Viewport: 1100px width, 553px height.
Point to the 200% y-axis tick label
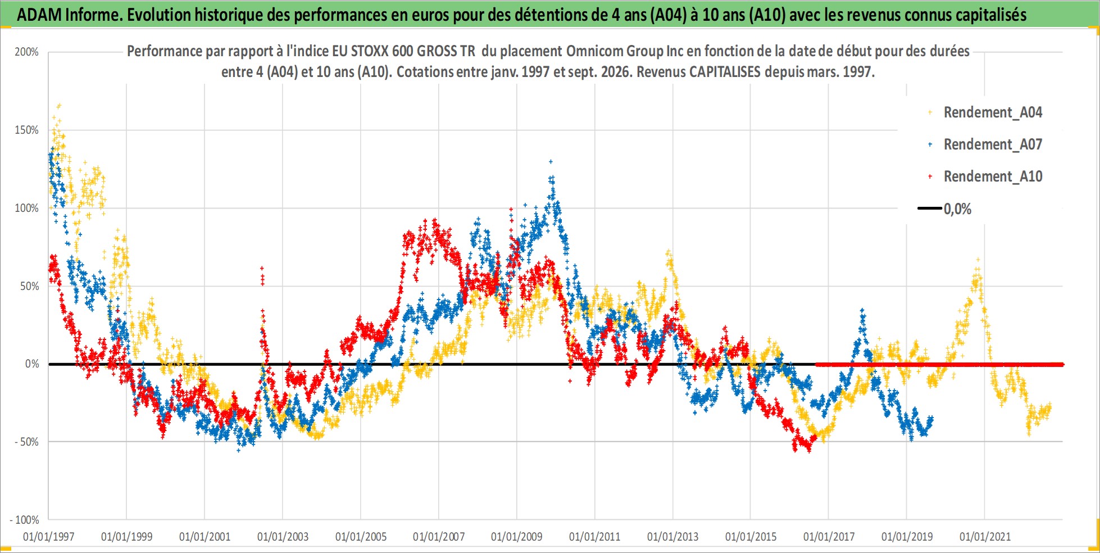(26, 52)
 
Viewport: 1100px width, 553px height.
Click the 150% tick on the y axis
(26, 130)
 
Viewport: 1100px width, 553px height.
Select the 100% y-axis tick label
(26, 208)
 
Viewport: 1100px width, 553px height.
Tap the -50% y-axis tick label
(26, 442)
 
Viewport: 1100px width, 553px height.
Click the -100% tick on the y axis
(25, 520)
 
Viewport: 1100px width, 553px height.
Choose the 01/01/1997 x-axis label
(49, 537)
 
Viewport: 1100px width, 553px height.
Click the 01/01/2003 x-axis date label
(283, 537)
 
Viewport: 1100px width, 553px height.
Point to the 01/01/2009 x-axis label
(517, 537)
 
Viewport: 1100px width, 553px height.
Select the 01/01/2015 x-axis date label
(751, 537)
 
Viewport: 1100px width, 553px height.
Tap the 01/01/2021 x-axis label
(985, 537)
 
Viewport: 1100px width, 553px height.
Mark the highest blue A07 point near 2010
(551, 161)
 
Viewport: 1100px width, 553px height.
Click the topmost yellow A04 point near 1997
(59, 105)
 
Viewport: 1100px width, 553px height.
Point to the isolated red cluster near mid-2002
(262, 276)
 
